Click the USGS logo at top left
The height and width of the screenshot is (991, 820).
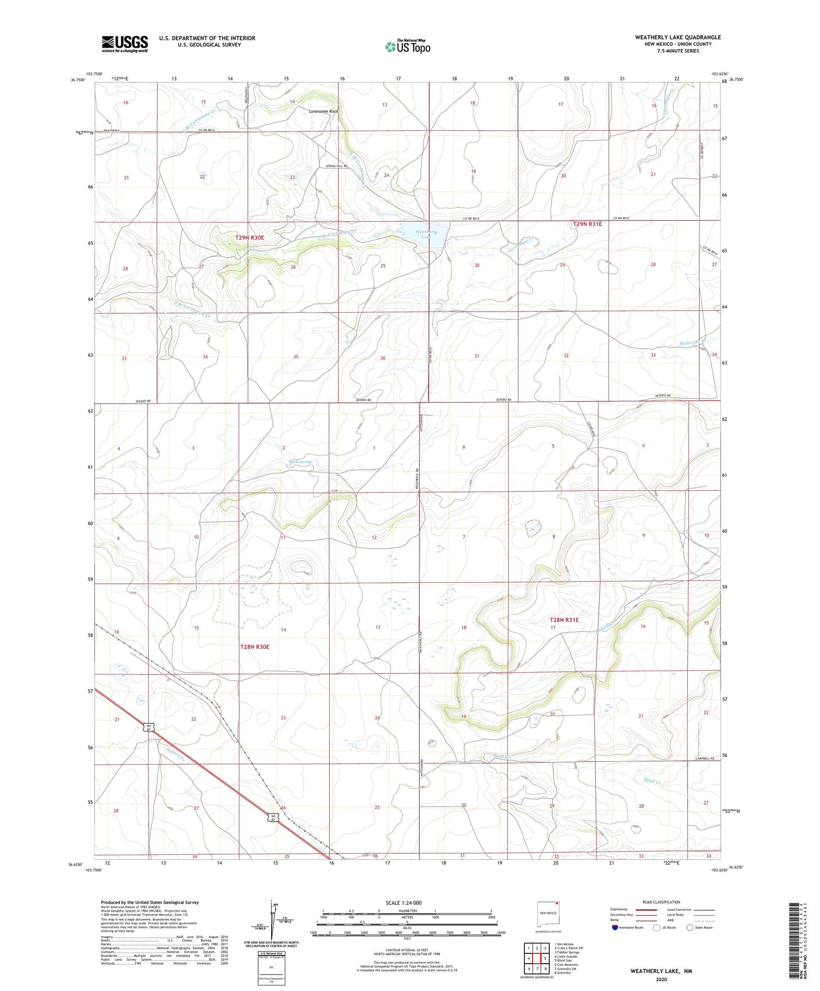(125, 44)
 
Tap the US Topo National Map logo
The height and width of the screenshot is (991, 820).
(407, 46)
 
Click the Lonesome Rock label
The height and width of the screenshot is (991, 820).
(324, 112)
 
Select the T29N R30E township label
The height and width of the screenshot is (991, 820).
(249, 238)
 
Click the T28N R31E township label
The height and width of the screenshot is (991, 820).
(564, 620)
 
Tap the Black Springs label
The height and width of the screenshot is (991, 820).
(300, 462)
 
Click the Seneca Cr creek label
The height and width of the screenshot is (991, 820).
(176, 757)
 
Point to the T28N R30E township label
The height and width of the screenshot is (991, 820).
(255, 647)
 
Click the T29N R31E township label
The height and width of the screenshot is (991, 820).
(587, 224)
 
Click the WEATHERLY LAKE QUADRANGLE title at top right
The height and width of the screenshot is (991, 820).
(677, 37)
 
